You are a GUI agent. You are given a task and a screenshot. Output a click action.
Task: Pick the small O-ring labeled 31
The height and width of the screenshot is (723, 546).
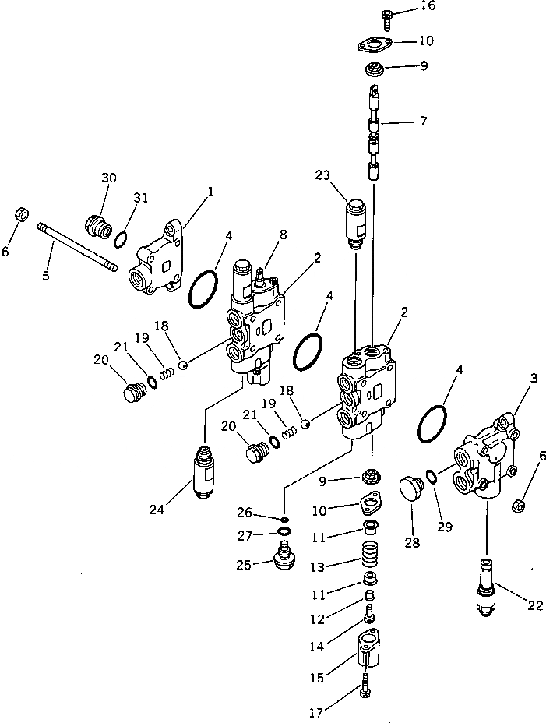click(x=122, y=237)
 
